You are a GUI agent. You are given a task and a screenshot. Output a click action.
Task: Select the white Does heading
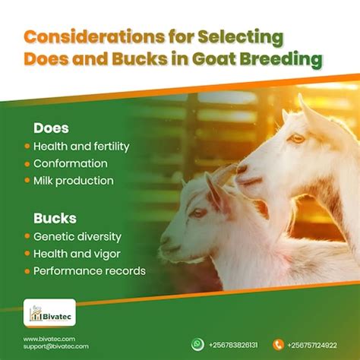click(x=51, y=128)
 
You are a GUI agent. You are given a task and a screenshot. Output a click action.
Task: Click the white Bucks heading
click(x=55, y=218)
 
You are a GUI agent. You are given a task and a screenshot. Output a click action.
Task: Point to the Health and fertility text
click(x=81, y=146)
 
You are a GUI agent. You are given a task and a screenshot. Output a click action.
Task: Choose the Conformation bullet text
click(x=71, y=163)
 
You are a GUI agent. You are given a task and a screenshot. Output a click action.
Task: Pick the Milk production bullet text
click(x=74, y=181)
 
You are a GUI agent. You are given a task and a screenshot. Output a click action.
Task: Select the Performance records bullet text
click(x=90, y=271)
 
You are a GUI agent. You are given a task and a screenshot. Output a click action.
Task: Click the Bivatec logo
click(x=49, y=313)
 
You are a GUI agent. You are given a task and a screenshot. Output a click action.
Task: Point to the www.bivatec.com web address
click(x=49, y=339)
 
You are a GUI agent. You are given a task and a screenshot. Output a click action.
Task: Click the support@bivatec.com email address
click(x=55, y=346)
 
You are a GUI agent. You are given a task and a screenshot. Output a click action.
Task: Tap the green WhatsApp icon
click(x=197, y=344)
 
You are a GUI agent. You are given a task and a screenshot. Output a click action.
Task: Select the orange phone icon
click(x=278, y=344)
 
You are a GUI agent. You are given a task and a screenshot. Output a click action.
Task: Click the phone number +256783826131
click(x=233, y=344)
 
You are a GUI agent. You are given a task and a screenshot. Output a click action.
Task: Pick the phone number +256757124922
click(x=312, y=344)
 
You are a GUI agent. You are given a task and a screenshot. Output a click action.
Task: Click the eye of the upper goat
click(x=298, y=138)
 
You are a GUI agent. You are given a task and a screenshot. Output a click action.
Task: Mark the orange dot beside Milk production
click(x=27, y=182)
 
